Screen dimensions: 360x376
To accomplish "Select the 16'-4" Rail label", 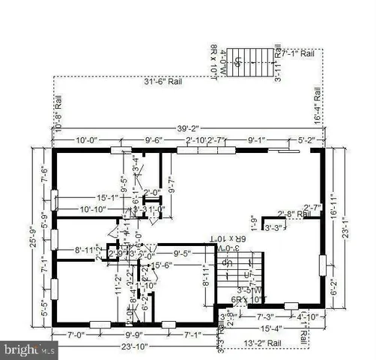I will [318, 105].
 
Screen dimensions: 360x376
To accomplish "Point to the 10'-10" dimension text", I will [95, 209].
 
